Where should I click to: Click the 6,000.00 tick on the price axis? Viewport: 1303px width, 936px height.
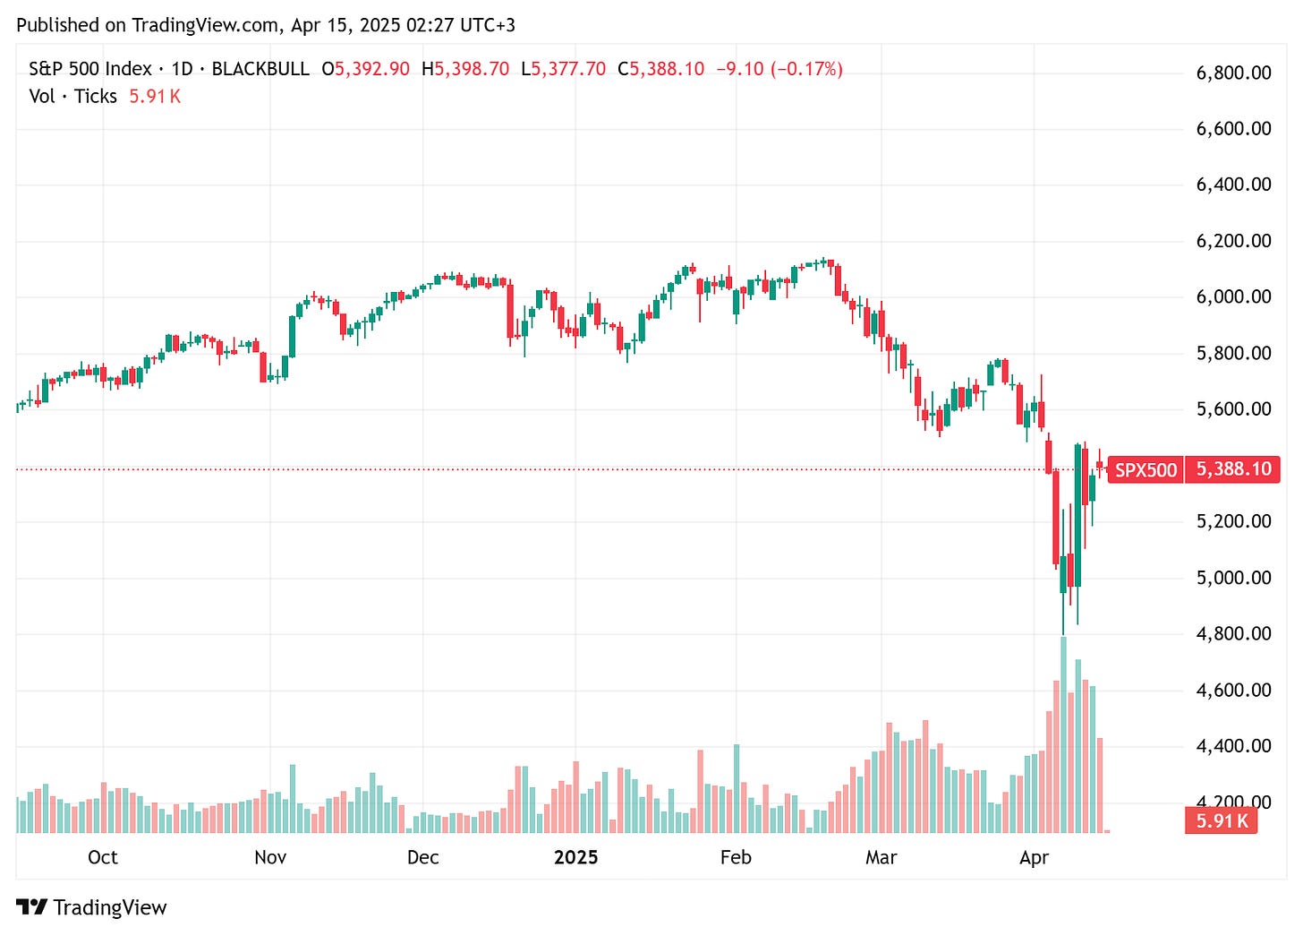pos(1233,296)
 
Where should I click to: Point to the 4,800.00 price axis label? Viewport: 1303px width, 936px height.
pos(1233,633)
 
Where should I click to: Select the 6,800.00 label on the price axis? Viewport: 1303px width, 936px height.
pos(1233,73)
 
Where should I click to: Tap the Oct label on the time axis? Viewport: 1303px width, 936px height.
pos(103,857)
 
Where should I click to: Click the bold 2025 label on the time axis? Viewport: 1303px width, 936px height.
pos(575,857)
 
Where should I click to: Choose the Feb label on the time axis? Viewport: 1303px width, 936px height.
pos(736,857)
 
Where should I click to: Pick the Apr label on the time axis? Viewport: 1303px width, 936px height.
pos(1034,857)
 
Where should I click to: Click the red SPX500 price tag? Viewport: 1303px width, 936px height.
pos(1145,469)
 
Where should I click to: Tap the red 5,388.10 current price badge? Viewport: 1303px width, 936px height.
pos(1233,469)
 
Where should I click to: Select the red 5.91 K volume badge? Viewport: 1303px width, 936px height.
pos(1222,820)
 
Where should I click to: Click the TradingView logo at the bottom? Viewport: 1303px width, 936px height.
pos(92,907)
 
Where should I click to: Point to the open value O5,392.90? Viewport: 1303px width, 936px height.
pos(366,69)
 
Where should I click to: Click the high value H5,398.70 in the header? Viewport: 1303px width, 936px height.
pos(465,69)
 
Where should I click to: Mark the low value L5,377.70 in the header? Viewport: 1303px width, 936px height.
pos(563,69)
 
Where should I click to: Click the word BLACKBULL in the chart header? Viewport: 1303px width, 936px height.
pos(260,69)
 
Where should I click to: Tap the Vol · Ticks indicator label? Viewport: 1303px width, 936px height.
pos(72,96)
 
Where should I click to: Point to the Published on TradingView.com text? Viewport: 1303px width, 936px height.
pos(148,25)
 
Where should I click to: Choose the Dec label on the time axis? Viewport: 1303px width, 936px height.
pos(423,857)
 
